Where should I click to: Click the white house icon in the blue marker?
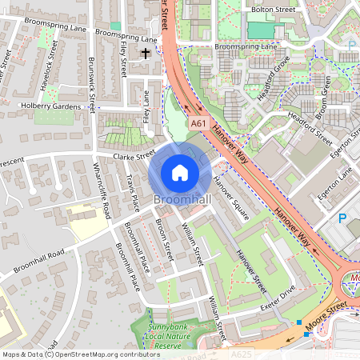(x=180, y=173)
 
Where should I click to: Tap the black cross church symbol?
(x=146, y=54)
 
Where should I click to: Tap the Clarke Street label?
(x=134, y=158)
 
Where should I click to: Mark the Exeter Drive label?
(x=277, y=307)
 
